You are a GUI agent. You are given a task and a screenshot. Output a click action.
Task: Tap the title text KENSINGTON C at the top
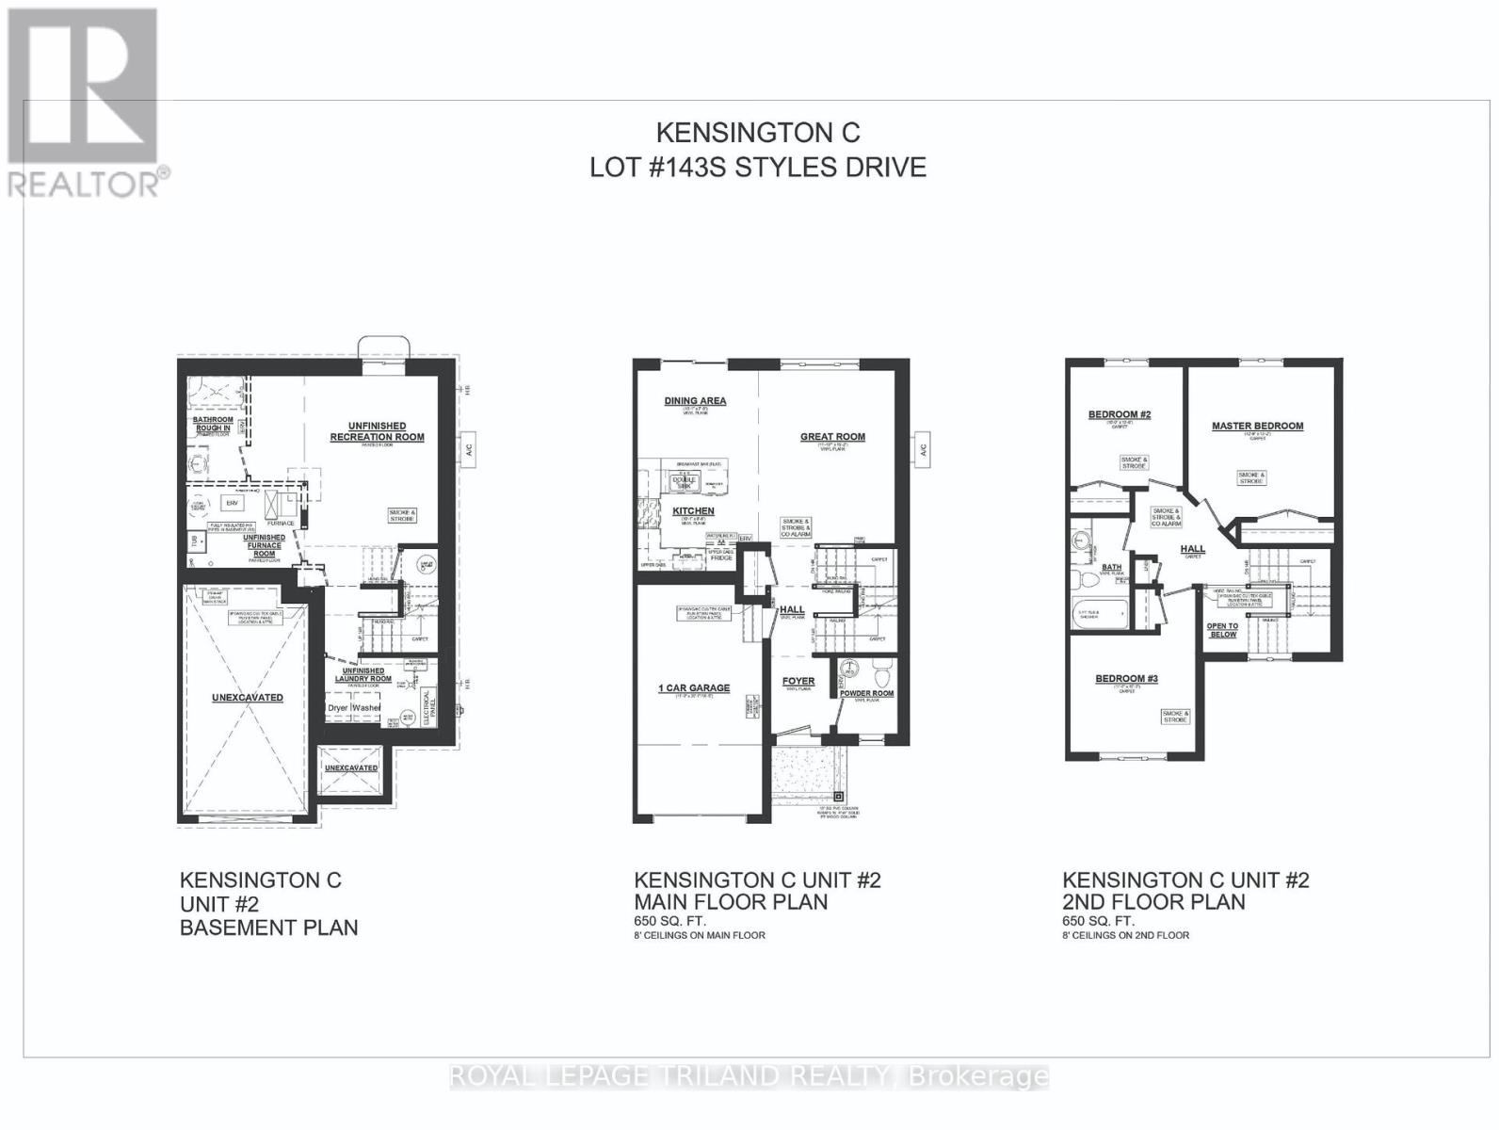tap(757, 133)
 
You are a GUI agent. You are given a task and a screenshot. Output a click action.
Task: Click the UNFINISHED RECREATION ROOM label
tap(377, 431)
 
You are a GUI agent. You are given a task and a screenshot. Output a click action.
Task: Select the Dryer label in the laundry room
tap(338, 707)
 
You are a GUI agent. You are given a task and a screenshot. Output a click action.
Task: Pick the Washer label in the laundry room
tap(367, 707)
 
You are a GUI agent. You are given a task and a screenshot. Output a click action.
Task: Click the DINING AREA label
tap(695, 401)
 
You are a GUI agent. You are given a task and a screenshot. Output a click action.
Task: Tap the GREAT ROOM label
tap(832, 436)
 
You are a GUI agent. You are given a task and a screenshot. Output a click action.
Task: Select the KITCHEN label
tap(693, 511)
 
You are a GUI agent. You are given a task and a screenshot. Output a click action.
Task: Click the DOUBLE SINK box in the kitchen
tap(681, 482)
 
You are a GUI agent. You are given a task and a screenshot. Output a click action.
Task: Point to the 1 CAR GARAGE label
tap(694, 688)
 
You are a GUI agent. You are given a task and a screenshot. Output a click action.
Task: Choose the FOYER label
tap(798, 681)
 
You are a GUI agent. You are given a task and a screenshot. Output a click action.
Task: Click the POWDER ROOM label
tap(868, 693)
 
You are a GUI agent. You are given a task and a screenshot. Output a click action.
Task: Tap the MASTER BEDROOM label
tap(1257, 426)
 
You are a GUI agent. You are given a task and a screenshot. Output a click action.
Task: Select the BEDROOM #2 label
tap(1120, 414)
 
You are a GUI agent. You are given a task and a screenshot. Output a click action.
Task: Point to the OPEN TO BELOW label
tap(1222, 630)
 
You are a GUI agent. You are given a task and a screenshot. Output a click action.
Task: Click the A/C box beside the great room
tap(923, 448)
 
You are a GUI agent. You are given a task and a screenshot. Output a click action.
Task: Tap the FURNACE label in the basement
tap(281, 524)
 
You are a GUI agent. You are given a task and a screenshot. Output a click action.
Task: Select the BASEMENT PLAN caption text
tap(269, 928)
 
